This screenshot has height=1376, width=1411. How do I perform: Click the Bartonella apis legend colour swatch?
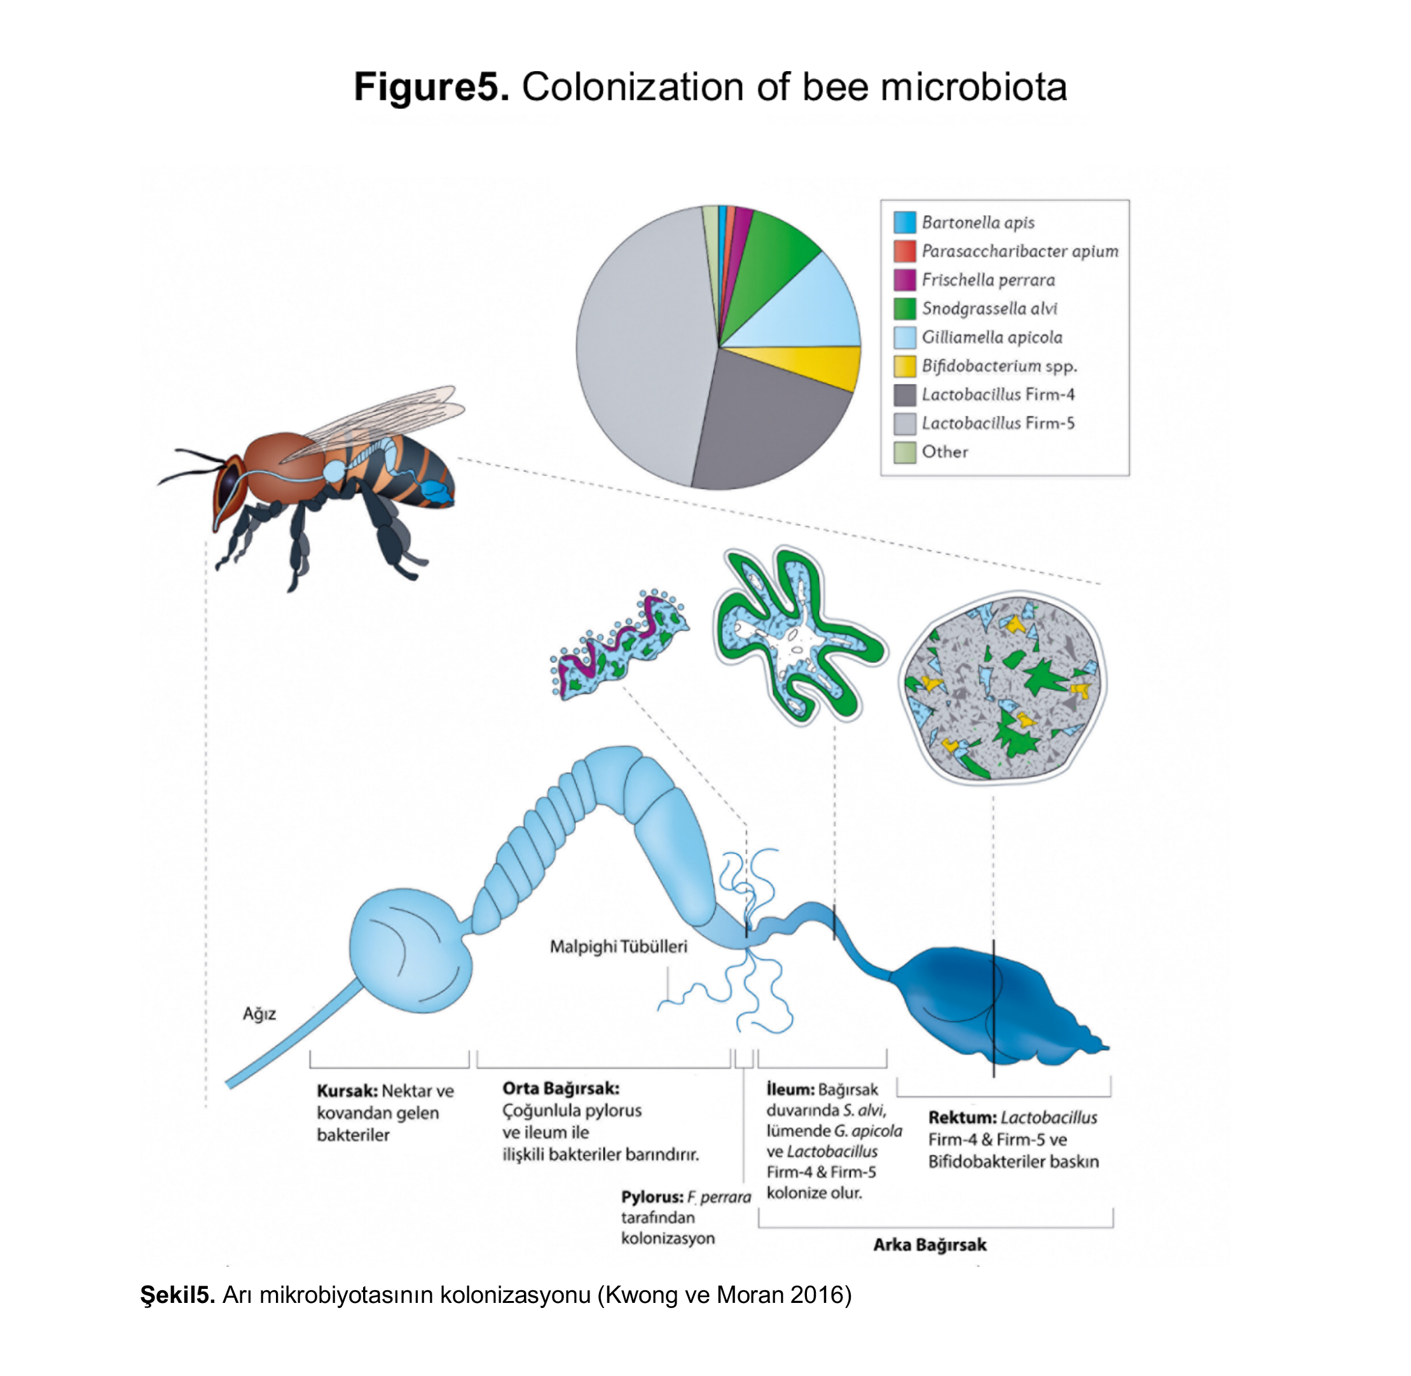(x=904, y=222)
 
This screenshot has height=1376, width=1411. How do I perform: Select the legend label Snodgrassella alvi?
(x=989, y=309)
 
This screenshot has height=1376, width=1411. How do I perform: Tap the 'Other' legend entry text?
(x=944, y=452)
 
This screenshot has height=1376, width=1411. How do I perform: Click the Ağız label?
(x=259, y=1014)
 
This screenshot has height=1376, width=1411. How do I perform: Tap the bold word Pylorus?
(x=652, y=1197)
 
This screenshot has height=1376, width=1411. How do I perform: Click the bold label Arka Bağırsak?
(x=930, y=1244)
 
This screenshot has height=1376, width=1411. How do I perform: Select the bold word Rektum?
(x=962, y=1117)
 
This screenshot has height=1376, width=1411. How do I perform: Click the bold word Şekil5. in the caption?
(x=178, y=1295)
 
